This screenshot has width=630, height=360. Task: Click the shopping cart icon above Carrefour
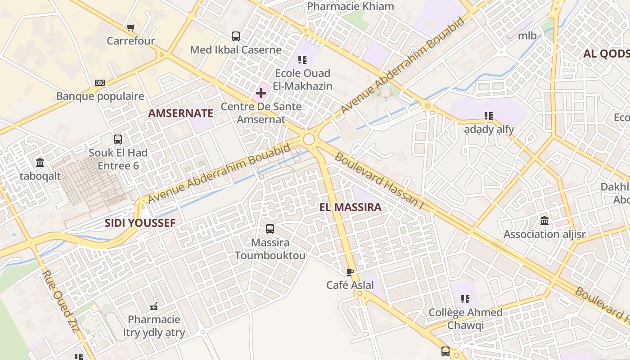130,28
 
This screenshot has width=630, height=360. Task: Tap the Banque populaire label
100,96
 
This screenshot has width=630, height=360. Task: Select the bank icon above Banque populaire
100,83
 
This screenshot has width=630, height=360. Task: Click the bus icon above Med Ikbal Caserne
236,36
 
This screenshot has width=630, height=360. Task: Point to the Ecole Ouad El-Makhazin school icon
302,59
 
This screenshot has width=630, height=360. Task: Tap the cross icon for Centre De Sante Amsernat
261,93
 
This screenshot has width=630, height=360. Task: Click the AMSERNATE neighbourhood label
180,113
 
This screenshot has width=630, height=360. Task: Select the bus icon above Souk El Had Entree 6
118,139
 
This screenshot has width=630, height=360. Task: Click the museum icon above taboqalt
40,162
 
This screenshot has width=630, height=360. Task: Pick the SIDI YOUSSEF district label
140,223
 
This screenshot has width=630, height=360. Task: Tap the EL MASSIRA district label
350,207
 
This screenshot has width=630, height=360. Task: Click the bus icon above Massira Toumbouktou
270,229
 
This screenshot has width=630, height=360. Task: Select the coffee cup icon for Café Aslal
350,272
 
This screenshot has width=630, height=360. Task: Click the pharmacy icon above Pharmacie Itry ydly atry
154,306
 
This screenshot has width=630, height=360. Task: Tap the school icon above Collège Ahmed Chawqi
465,299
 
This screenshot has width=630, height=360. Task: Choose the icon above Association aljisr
544,221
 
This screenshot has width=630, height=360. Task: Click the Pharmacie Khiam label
350,6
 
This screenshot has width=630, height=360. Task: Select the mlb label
527,36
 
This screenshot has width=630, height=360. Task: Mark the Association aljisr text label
544,234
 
